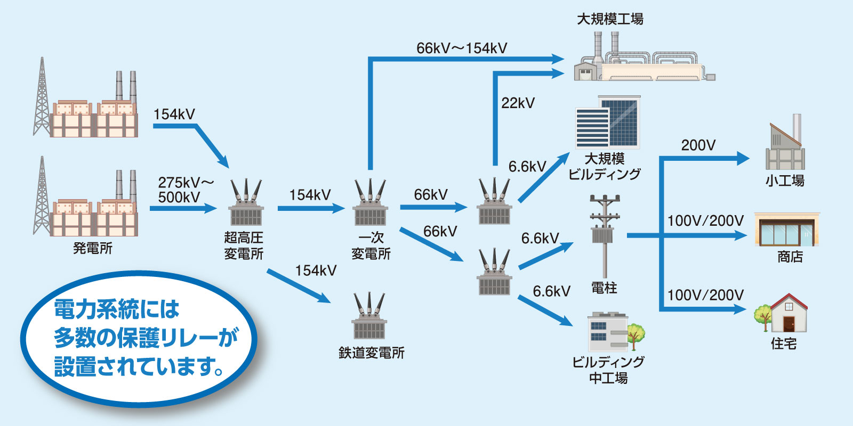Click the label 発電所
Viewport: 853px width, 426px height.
pos(93,248)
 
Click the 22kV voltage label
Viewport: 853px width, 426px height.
pos(518,103)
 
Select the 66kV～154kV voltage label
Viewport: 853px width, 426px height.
pos(462,48)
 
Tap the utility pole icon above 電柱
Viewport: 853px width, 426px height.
pos(605,234)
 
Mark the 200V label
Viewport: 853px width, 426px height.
pos(698,145)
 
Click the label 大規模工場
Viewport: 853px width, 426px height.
pos(610,20)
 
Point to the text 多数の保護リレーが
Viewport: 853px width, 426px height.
pos(146,338)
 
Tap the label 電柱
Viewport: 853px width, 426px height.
pos(604,288)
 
